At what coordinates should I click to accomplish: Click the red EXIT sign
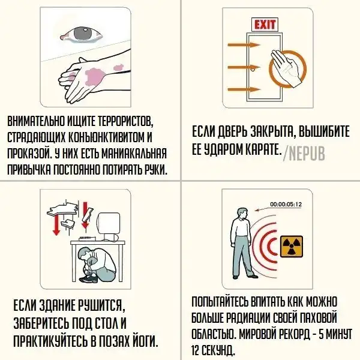tap(265, 25)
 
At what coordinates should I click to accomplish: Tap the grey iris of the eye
tap(83, 34)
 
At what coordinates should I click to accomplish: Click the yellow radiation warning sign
tap(292, 246)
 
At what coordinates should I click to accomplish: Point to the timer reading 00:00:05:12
tap(286, 205)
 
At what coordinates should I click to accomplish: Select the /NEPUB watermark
tap(304, 153)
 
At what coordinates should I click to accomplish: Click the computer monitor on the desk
tap(109, 227)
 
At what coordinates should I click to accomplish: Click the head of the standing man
tap(242, 214)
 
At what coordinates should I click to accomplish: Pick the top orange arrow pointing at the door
tap(244, 45)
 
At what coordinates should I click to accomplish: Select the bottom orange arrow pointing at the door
tap(244, 89)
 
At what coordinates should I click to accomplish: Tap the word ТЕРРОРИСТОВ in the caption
tap(126, 121)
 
